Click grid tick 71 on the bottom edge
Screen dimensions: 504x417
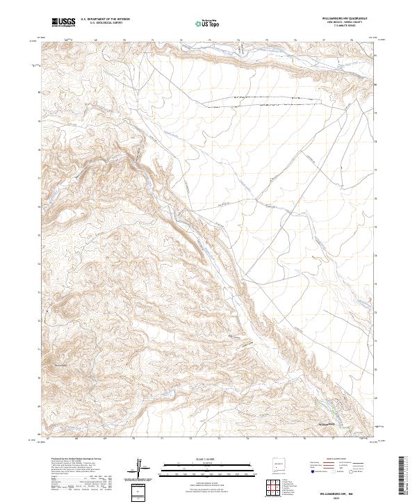pyautogui.click(x=161, y=439)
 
